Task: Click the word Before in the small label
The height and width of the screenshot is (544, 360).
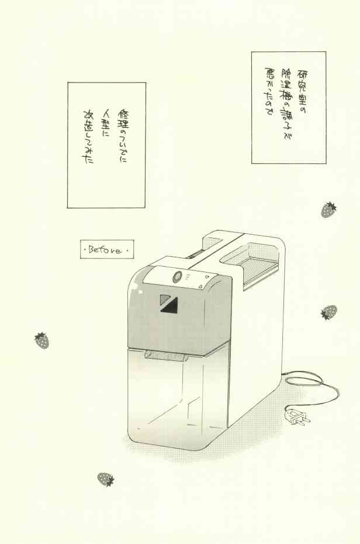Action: [106, 250]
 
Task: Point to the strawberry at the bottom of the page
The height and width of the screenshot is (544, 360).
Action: [105, 479]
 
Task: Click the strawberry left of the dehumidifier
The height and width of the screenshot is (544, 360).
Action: [41, 340]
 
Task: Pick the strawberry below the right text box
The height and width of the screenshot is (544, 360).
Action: [328, 209]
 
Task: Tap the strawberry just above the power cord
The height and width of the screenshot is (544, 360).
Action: [328, 312]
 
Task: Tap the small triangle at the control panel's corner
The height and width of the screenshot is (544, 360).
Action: [200, 287]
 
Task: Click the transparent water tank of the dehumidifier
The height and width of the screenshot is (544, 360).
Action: [175, 398]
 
